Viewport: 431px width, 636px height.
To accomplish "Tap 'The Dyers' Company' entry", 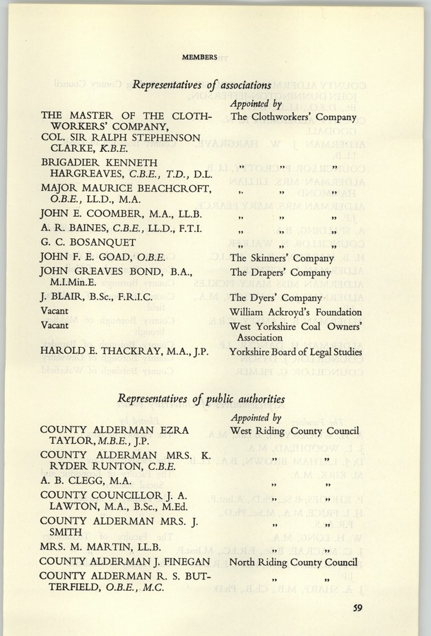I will [272, 298].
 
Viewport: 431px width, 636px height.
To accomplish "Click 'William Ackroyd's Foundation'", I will [295, 312].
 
